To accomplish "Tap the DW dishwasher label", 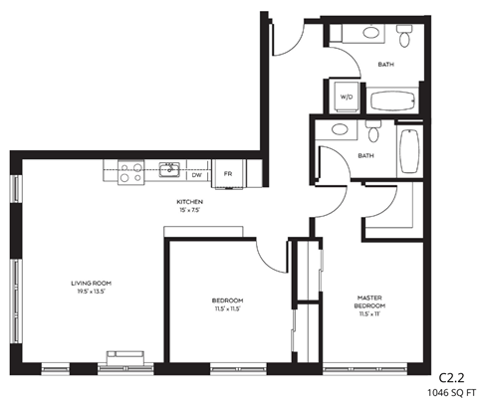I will click(x=197, y=174).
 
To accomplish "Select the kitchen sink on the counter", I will click(x=170, y=170).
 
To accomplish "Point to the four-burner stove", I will click(x=130, y=173).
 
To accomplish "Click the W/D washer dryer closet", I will click(x=347, y=97).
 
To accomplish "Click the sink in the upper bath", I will click(x=371, y=33).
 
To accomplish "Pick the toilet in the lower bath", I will click(x=373, y=130).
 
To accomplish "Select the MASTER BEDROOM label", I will click(x=371, y=301).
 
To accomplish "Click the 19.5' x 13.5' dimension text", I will click(x=88, y=294).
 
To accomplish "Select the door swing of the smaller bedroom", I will click(x=269, y=261).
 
